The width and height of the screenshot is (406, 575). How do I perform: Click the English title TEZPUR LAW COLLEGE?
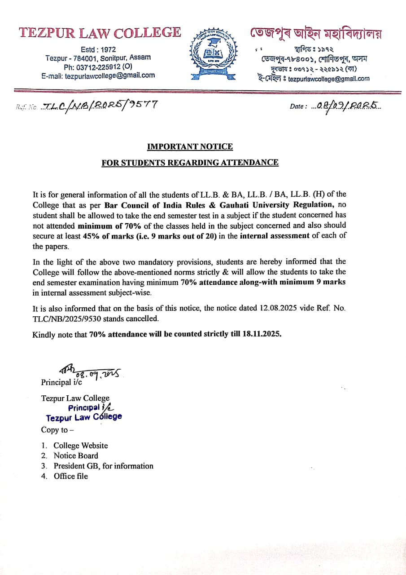click(x=100, y=33)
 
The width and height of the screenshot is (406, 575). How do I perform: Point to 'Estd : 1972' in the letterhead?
click(x=98, y=49)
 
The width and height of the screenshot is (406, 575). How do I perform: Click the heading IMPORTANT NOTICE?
click(x=190, y=146)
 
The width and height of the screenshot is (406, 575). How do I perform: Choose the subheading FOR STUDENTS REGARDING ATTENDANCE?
click(x=190, y=163)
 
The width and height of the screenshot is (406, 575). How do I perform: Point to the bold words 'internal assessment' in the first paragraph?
click(x=275, y=236)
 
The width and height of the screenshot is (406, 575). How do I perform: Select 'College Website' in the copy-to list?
click(x=81, y=446)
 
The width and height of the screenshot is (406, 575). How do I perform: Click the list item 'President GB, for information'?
click(x=104, y=466)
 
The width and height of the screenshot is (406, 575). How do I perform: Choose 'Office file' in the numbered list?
click(x=71, y=476)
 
